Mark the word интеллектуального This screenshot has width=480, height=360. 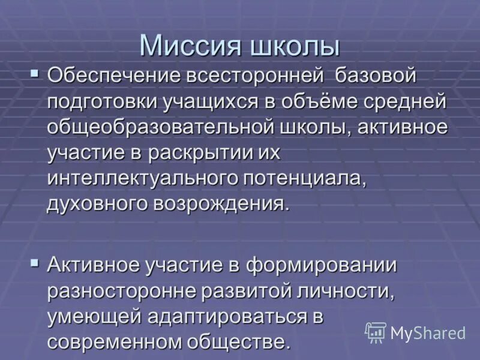click(143, 178)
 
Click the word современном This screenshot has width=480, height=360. click(118, 342)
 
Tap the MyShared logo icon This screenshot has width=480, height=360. click(376, 332)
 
